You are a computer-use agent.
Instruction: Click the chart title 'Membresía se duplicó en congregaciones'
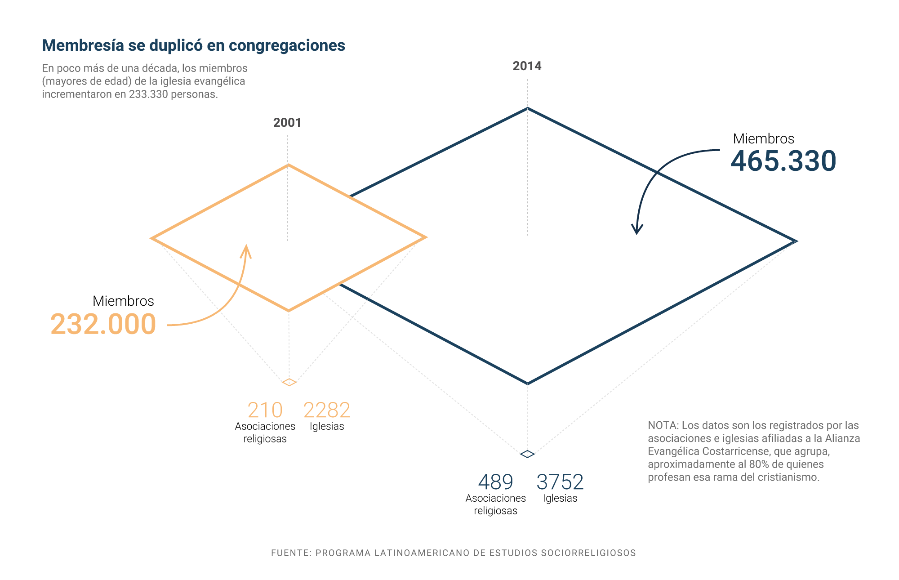(x=193, y=45)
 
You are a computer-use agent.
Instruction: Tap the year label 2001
(x=287, y=123)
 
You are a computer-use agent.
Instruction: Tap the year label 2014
(x=527, y=66)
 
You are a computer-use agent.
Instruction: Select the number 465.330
(x=783, y=161)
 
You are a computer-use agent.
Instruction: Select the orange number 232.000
(x=103, y=324)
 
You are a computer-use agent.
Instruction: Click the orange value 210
(x=265, y=410)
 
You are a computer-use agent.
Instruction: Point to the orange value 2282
(x=327, y=410)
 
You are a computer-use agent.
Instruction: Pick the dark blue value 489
(x=495, y=482)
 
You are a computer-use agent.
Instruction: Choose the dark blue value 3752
(x=560, y=482)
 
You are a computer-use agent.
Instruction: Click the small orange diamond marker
(x=289, y=382)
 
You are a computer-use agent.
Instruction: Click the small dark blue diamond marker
(x=527, y=454)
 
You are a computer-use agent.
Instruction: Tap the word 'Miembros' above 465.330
(x=763, y=138)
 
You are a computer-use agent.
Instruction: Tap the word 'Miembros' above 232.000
(x=123, y=301)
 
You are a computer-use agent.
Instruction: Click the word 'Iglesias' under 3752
(x=560, y=498)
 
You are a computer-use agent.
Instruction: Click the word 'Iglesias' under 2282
(x=327, y=426)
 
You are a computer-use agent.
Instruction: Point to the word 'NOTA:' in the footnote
(x=663, y=425)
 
